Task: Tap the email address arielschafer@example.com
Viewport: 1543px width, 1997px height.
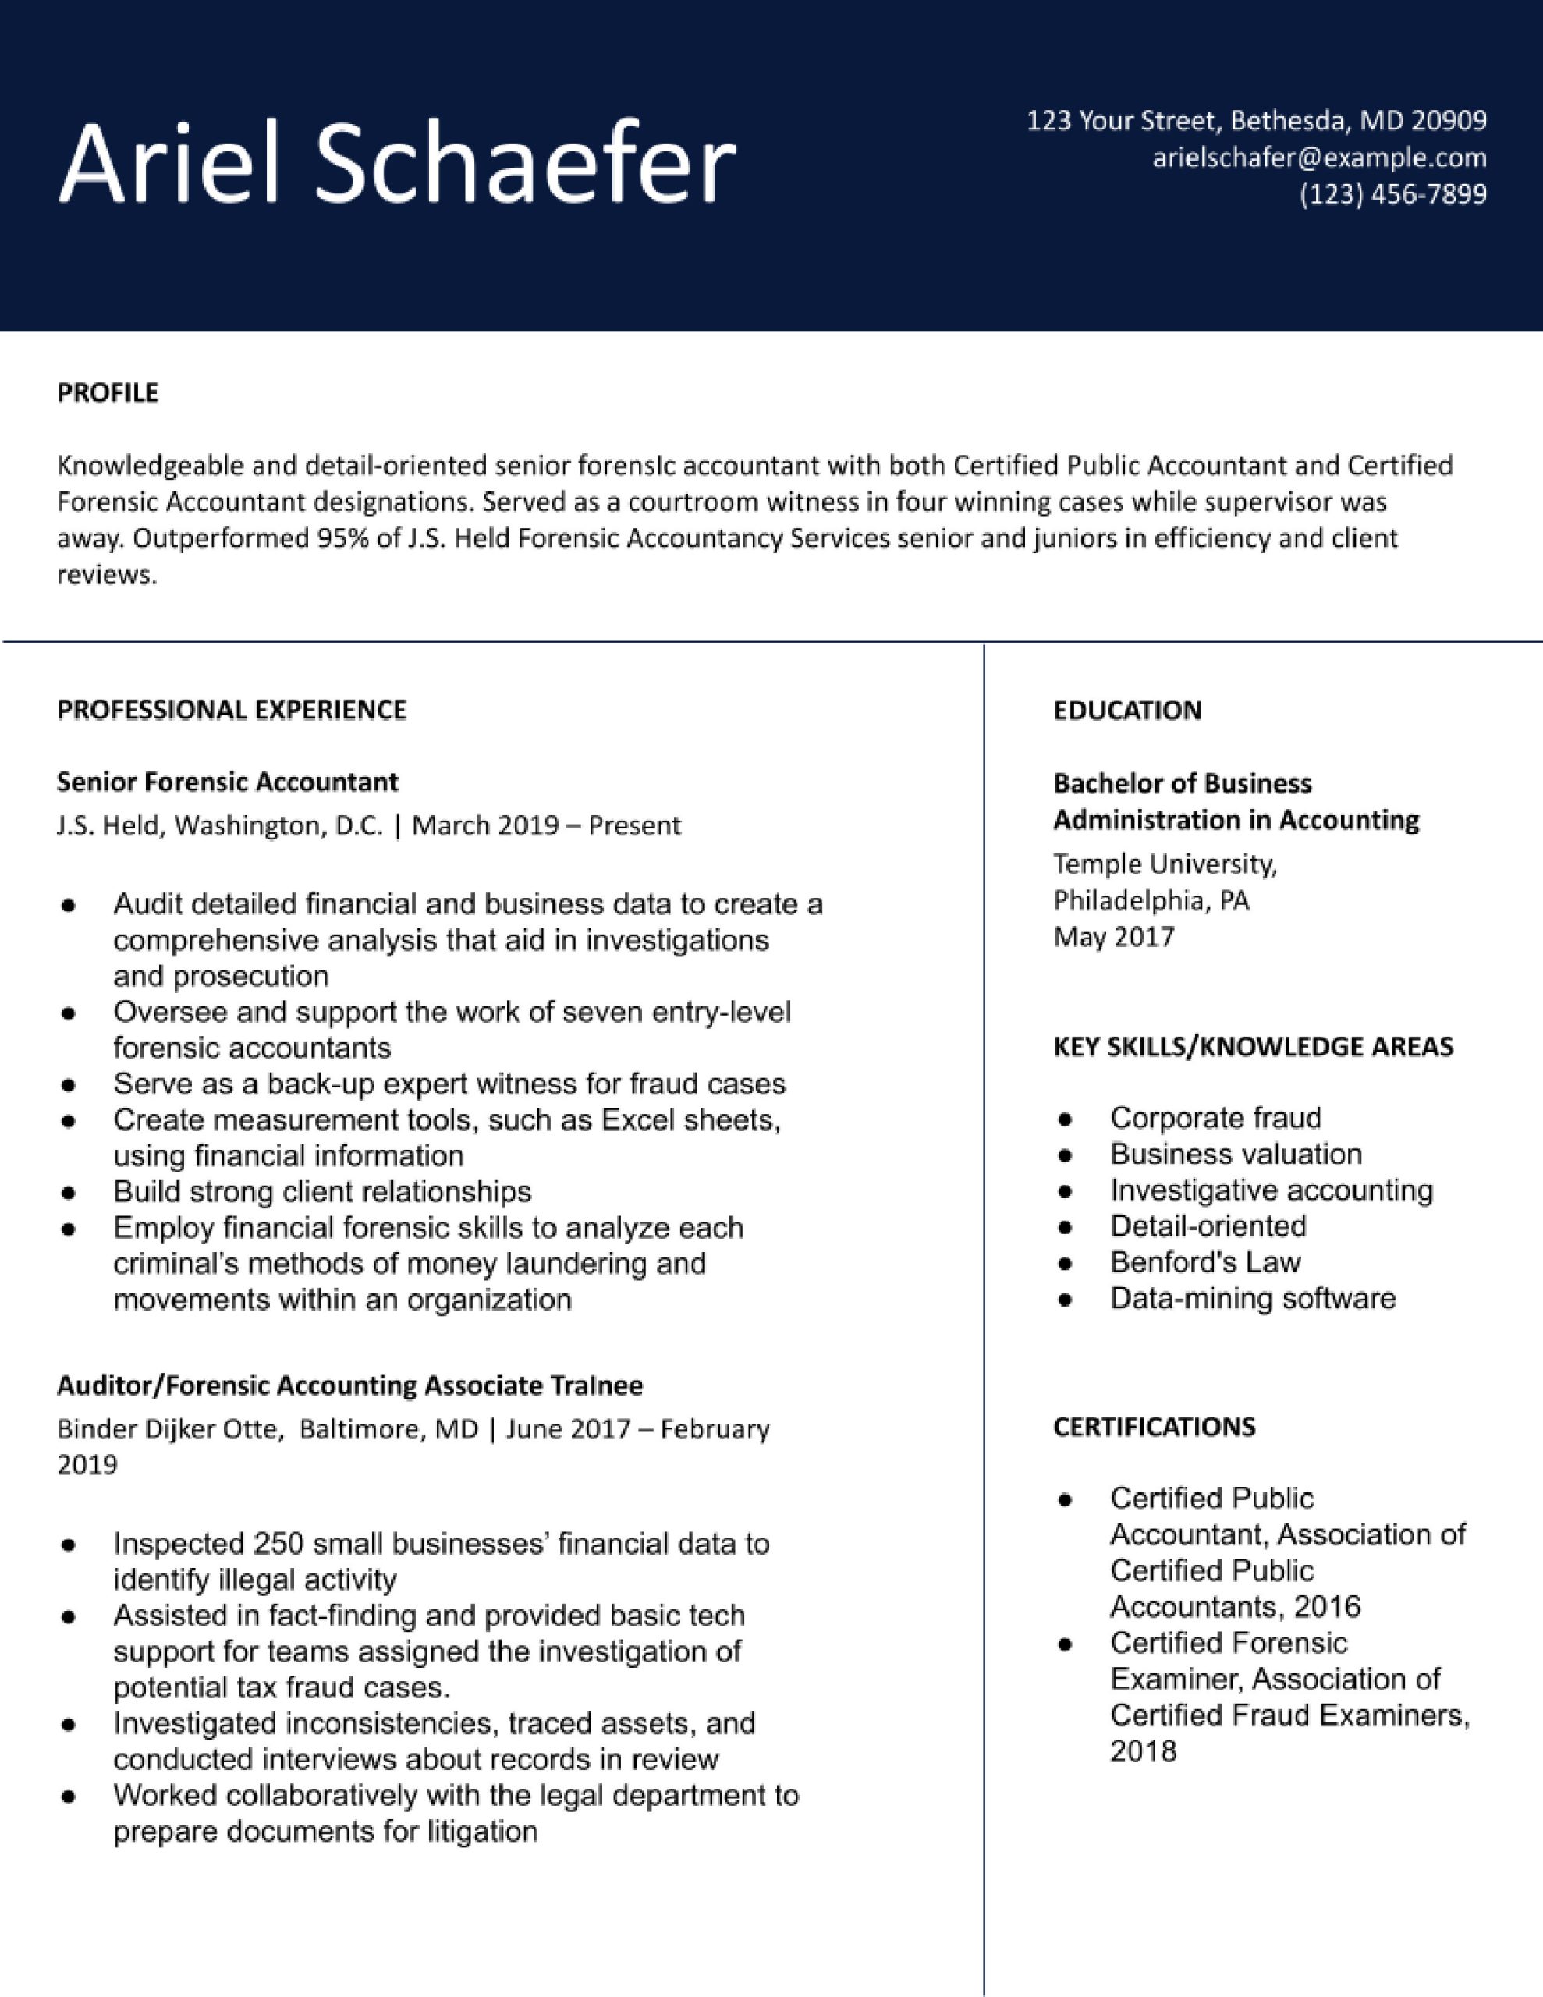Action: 1319,158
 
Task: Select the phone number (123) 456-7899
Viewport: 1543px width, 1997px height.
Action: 1393,193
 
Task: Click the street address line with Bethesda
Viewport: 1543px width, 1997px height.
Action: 1256,120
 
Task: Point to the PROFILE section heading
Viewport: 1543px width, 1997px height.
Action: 108,392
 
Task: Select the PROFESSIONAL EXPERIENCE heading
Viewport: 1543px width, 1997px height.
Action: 232,710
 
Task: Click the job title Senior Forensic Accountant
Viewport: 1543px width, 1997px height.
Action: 227,782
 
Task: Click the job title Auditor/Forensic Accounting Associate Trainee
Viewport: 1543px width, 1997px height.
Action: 349,1385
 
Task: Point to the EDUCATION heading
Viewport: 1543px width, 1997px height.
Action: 1127,711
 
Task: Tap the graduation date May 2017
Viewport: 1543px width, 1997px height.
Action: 1113,937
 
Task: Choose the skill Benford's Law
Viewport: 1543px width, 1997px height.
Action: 1204,1263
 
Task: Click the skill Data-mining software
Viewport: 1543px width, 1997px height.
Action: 1252,1298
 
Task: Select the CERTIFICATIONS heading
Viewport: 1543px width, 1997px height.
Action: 1154,1427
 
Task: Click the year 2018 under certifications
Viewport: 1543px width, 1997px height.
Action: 1142,1751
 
